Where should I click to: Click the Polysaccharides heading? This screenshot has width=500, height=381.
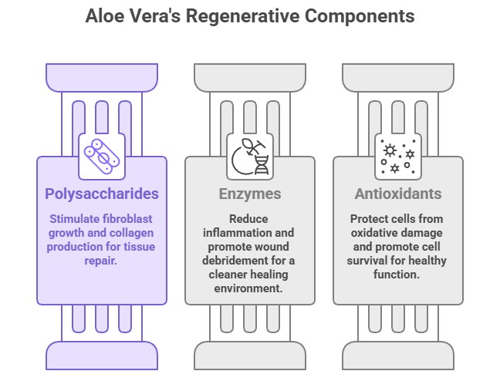click(102, 193)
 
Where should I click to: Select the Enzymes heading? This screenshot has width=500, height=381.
click(250, 194)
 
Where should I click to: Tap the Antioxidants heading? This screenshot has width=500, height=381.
click(397, 194)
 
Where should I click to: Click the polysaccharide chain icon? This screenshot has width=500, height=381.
click(102, 154)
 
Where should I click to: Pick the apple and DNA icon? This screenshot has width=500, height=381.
click(250, 154)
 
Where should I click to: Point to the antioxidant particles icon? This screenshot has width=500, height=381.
click(397, 154)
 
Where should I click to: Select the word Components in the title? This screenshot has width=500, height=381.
click(363, 15)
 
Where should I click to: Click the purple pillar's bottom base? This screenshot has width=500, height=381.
click(102, 357)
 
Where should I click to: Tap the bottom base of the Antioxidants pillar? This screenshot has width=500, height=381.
click(397, 357)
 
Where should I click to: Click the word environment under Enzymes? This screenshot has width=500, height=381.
click(249, 288)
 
